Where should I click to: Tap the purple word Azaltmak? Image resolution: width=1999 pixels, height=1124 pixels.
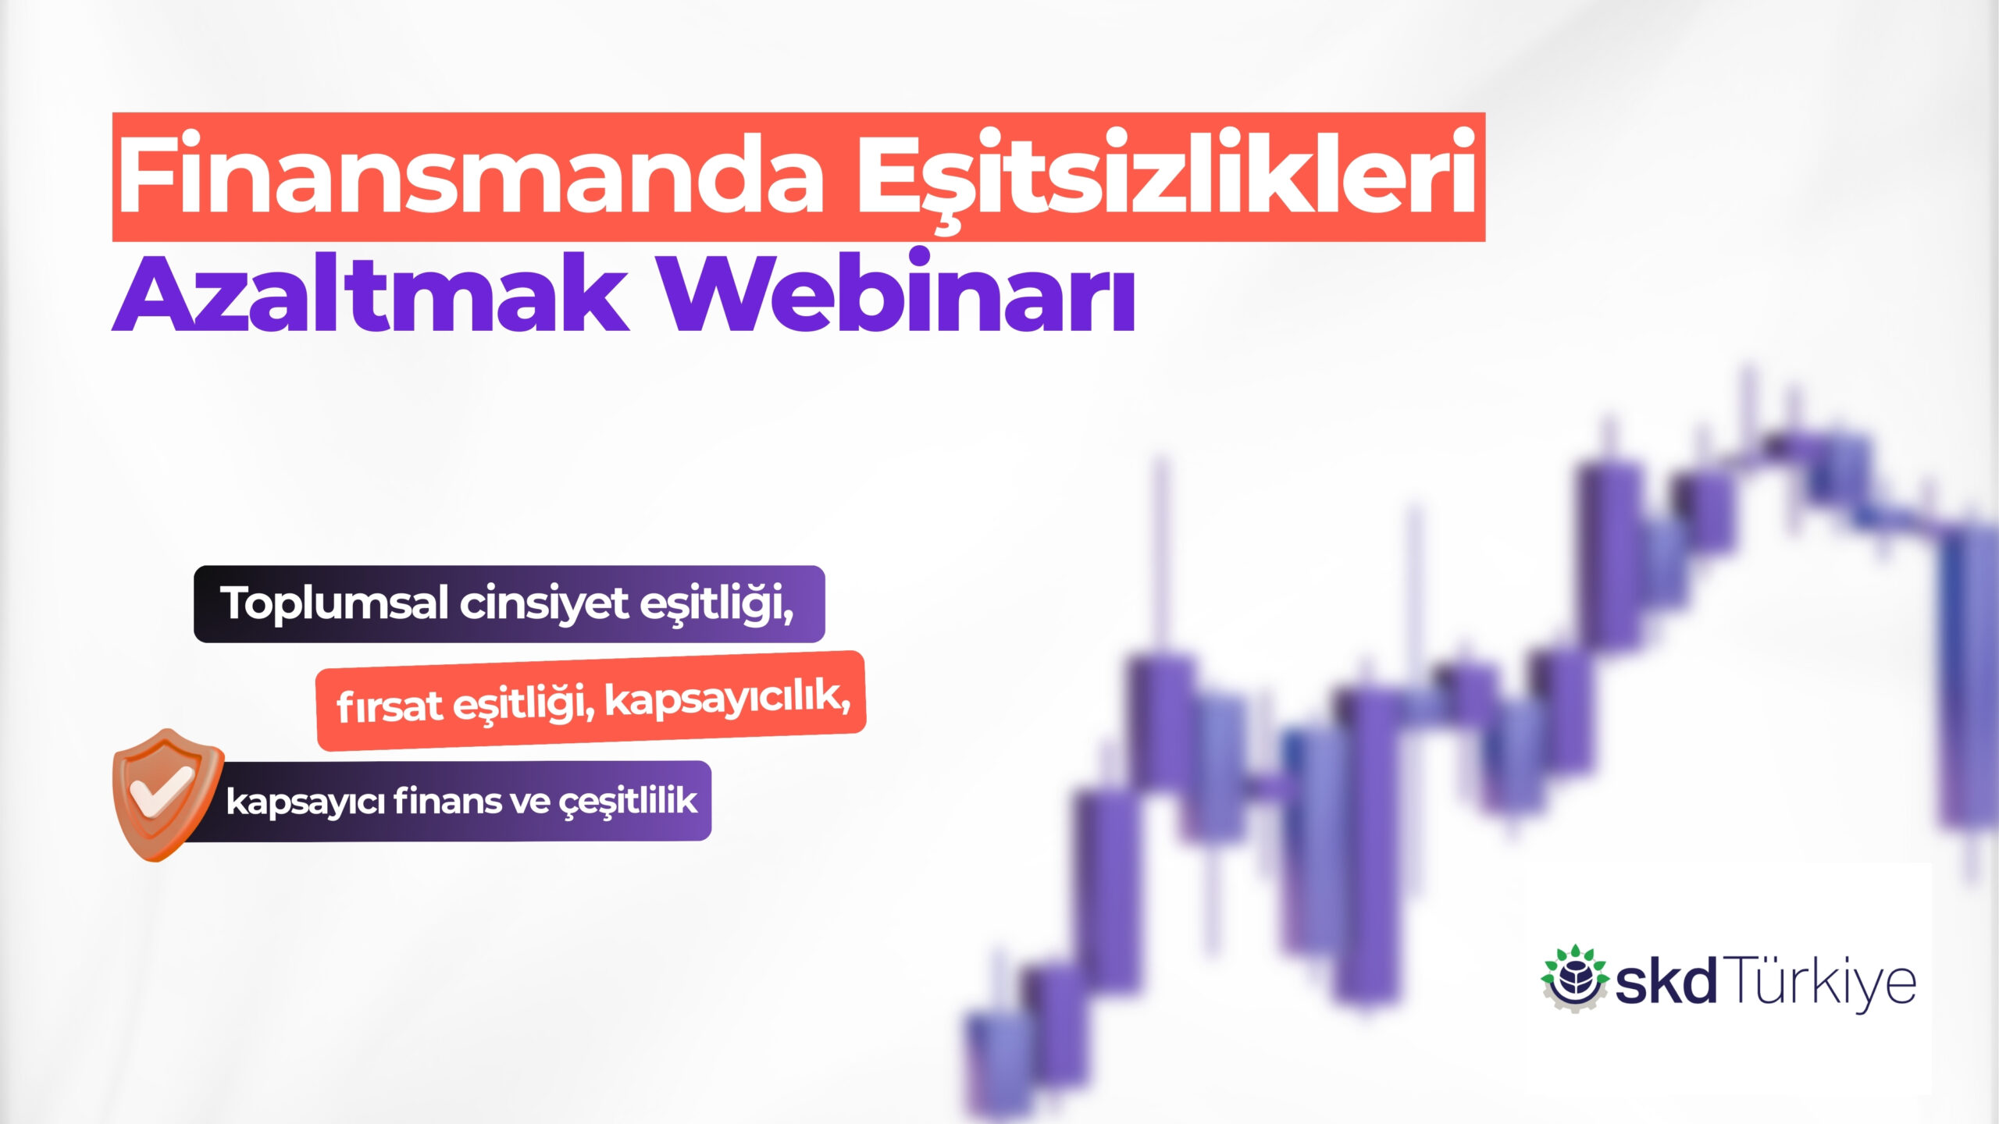tap(371, 292)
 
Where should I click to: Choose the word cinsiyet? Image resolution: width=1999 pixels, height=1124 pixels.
tap(544, 603)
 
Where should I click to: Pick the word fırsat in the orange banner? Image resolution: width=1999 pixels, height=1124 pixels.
tap(390, 706)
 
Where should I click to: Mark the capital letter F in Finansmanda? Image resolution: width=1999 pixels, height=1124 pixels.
tap(145, 173)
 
